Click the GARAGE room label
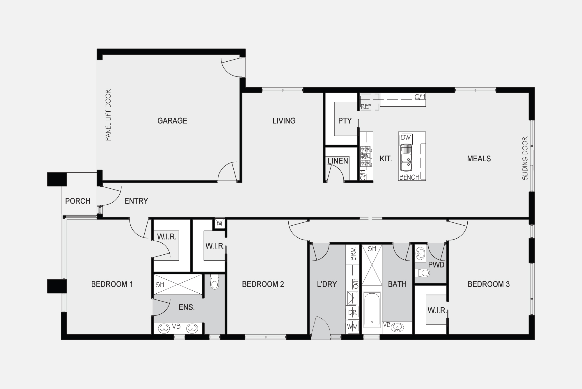click(x=172, y=121)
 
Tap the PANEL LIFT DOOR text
click(x=108, y=115)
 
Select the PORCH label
click(x=78, y=201)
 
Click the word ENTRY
click(x=136, y=201)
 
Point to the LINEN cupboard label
click(x=338, y=161)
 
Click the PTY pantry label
click(x=345, y=121)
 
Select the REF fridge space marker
click(x=366, y=107)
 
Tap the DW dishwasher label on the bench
click(x=405, y=138)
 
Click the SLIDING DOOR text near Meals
click(x=525, y=158)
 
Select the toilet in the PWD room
click(x=423, y=273)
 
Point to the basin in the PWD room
click(x=420, y=254)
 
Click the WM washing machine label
click(x=352, y=326)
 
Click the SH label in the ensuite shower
click(x=160, y=285)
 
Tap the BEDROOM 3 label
click(x=489, y=284)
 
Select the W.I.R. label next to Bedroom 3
click(x=437, y=310)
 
